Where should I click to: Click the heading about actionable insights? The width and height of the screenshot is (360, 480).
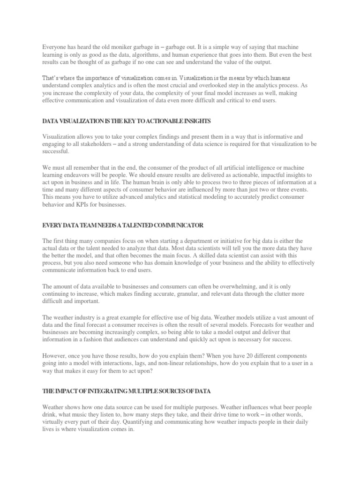pos(127,121)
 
